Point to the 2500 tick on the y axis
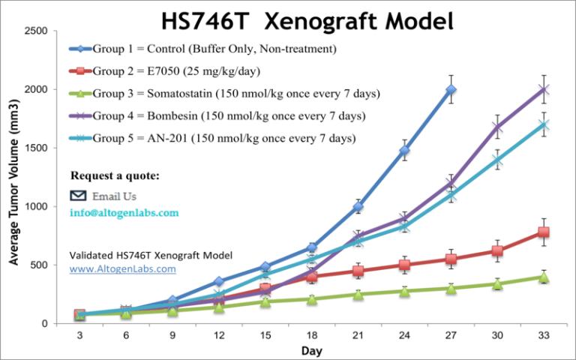(x=37, y=31)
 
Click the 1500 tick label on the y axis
(x=37, y=148)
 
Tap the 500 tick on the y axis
(x=40, y=265)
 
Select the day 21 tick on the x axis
(x=358, y=335)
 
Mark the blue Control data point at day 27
(x=451, y=90)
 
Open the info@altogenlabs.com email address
(x=124, y=213)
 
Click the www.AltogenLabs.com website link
(x=123, y=268)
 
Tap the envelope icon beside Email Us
(x=79, y=196)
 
